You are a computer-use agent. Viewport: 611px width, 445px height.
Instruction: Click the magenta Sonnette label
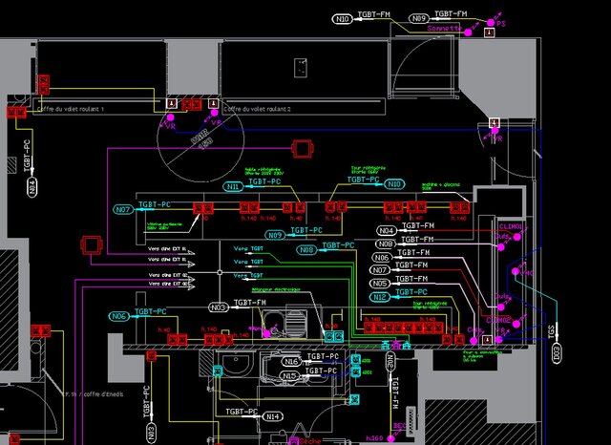pos(443,29)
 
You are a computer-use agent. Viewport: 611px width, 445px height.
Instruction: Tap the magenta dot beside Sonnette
pos(468,29)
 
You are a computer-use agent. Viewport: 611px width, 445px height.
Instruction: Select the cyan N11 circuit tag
pos(234,187)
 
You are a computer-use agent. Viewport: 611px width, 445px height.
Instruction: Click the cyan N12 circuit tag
pos(380,297)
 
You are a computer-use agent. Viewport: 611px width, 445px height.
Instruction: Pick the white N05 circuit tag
pos(380,284)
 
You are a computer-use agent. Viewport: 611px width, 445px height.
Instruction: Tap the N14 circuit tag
pos(273,416)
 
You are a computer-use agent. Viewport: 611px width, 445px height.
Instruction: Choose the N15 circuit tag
pos(290,376)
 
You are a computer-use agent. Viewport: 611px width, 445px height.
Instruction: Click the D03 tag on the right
pos(557,352)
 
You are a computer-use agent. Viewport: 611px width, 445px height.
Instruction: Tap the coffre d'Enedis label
pos(93,393)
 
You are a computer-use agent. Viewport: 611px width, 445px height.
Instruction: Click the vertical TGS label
pos(551,330)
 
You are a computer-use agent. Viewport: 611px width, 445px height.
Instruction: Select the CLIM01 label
pos(512,226)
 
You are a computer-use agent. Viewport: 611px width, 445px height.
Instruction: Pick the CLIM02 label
pos(498,320)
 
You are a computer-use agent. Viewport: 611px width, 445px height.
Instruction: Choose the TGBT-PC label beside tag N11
pos(264,181)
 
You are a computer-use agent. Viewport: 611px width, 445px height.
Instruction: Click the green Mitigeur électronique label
pos(269,289)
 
